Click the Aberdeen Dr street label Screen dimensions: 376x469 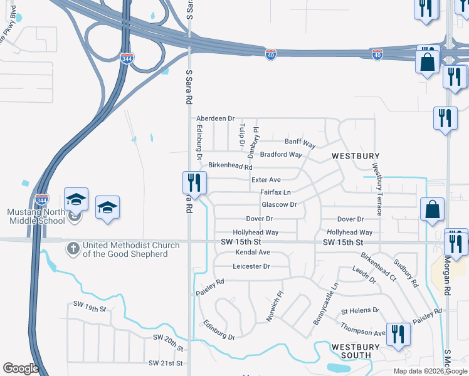point(215,118)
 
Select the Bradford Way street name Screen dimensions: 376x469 point(281,155)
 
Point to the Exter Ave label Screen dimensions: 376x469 point(266,180)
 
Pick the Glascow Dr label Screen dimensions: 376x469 point(279,205)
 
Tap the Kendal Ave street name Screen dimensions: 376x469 point(252,253)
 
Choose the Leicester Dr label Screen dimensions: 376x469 point(251,266)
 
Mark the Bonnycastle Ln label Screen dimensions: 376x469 point(325,303)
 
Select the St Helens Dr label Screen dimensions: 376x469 point(360,311)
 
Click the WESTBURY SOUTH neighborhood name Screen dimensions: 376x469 point(356,351)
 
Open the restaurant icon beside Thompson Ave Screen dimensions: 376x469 point(398,333)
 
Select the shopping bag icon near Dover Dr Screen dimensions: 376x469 point(433,210)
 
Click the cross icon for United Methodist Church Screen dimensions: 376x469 point(73,249)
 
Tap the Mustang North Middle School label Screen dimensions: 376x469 point(36,216)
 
